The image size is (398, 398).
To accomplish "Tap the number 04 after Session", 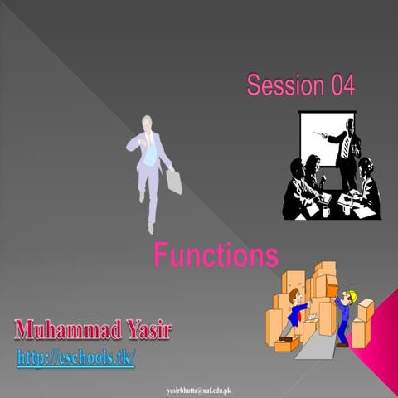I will pos(342,85).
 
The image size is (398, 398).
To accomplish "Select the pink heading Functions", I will pos(216,255).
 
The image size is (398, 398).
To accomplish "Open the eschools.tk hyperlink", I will pos(75,358).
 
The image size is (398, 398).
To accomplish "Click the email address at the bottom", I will pos(199,388).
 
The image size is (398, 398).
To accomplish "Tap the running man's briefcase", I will pos(174,180).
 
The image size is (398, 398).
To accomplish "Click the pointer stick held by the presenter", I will pos(324,136).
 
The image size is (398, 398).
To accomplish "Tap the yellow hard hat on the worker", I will pos(350,294).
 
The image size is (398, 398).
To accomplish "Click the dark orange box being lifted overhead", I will pos(330,284).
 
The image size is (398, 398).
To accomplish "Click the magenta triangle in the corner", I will pos(378,348).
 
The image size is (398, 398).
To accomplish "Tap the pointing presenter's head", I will pos(347,125).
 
